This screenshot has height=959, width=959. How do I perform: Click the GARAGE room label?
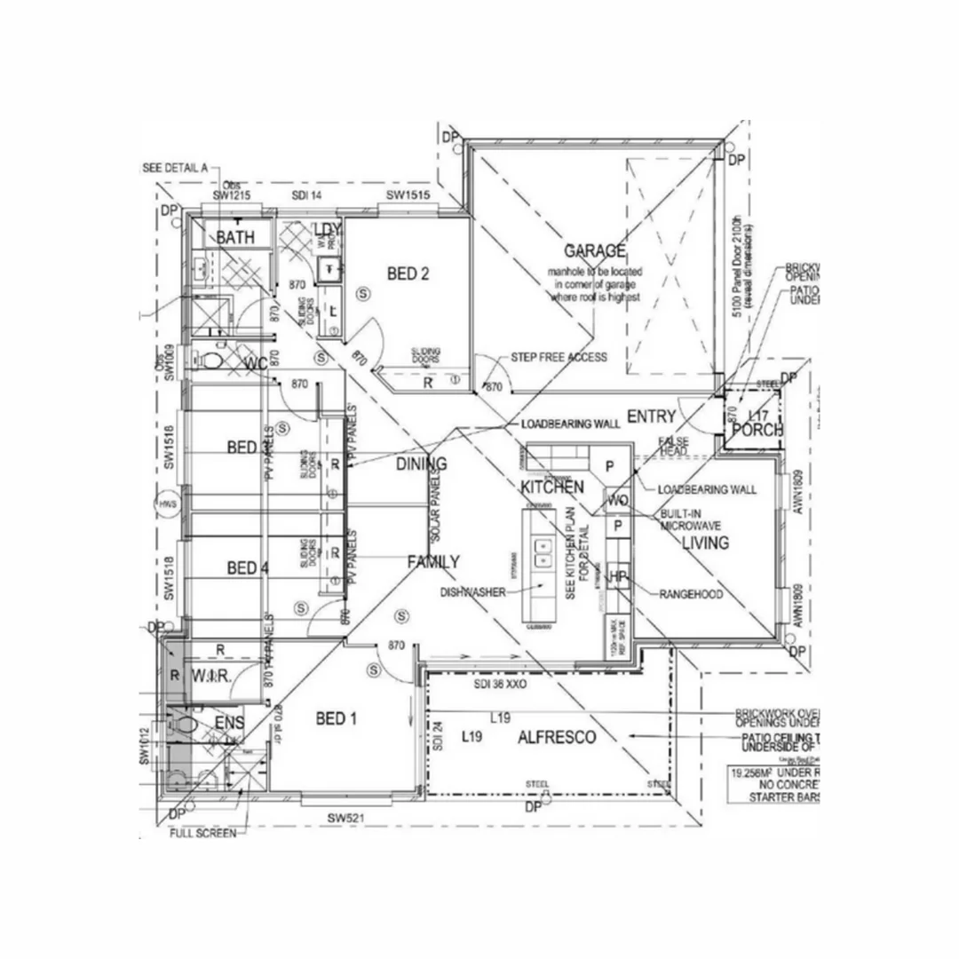click(595, 250)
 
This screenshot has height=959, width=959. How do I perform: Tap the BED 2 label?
click(408, 273)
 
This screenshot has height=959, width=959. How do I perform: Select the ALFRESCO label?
click(557, 738)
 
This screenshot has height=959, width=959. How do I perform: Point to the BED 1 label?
click(337, 718)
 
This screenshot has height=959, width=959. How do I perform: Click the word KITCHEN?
click(551, 487)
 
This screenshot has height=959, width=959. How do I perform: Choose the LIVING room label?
click(705, 543)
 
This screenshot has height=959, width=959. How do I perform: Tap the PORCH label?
click(755, 431)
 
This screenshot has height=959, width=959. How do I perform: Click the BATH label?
click(235, 237)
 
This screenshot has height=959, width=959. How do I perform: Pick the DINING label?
click(421, 464)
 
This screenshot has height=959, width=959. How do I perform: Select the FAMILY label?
click(433, 561)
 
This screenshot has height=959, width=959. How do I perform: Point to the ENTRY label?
click(651, 416)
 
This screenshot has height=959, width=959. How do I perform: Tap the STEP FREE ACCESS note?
click(559, 357)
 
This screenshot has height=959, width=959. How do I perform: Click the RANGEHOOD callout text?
click(691, 594)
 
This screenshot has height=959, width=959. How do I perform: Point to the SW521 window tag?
click(347, 818)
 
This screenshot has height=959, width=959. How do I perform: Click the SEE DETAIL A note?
click(175, 168)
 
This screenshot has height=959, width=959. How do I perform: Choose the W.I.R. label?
click(211, 676)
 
